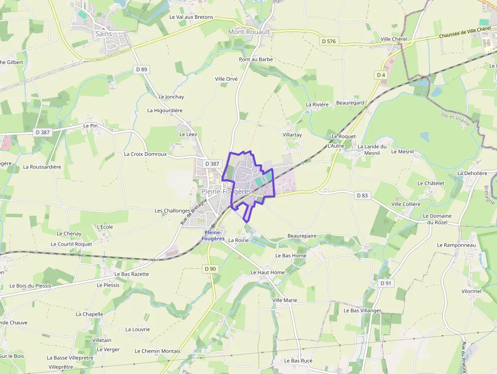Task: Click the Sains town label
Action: [103, 34]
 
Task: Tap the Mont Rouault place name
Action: [250, 31]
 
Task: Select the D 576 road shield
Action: [329, 41]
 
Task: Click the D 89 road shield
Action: [141, 69]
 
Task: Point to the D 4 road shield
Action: [381, 75]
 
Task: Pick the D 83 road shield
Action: [362, 195]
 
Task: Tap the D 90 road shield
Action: [210, 268]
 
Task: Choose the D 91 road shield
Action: [385, 283]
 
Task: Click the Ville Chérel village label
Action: [395, 39]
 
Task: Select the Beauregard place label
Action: [350, 103]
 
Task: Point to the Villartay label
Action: [292, 135]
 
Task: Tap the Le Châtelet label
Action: [431, 183]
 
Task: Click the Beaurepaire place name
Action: [302, 236]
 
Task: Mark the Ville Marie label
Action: [285, 300]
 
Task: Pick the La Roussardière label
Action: [42, 166]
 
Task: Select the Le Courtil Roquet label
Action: [72, 244]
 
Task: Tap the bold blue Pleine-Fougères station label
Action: [213, 235]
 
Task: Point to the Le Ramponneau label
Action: [456, 245]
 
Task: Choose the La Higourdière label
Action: [165, 110]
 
